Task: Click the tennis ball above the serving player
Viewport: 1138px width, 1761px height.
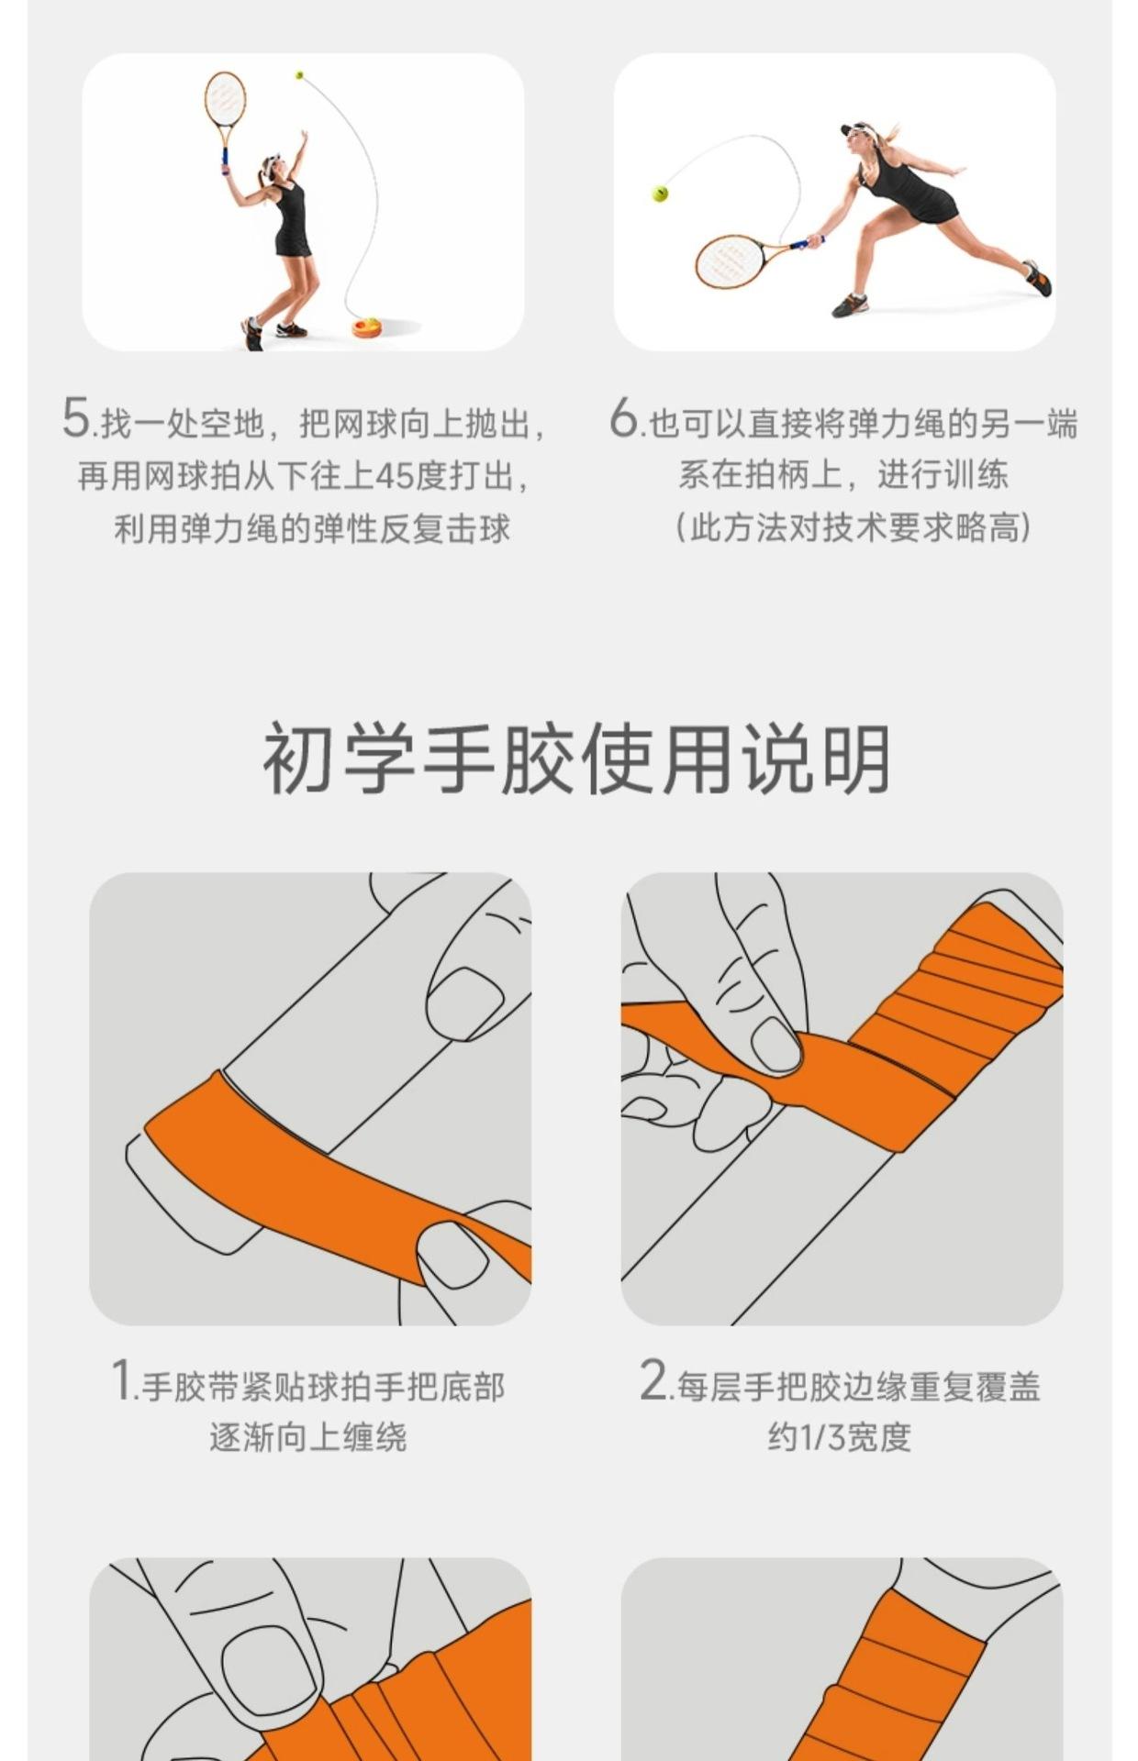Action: point(298,74)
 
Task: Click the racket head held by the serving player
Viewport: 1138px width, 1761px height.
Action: point(225,98)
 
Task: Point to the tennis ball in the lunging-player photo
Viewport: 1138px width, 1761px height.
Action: point(659,194)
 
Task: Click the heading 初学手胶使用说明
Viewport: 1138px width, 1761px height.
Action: point(576,759)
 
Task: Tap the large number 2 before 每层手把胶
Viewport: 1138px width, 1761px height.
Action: point(653,1379)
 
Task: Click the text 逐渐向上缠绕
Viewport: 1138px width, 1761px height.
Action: point(308,1436)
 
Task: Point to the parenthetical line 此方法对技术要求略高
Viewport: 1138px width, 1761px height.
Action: point(853,527)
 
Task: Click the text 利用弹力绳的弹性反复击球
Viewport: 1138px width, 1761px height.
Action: point(312,528)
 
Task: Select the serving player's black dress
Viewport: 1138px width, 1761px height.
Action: point(291,219)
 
